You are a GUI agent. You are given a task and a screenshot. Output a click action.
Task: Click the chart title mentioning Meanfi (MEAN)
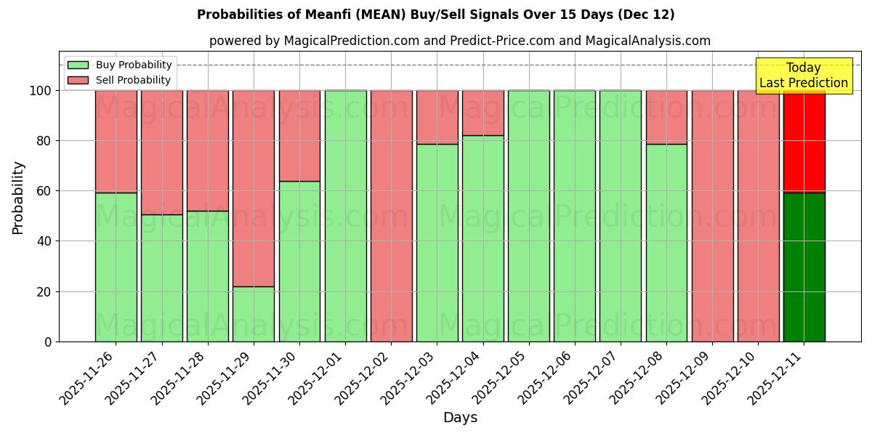pyautogui.click(x=435, y=15)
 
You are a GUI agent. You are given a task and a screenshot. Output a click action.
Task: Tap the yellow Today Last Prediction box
pyautogui.click(x=803, y=76)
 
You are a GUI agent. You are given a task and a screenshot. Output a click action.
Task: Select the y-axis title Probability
pyautogui.click(x=18, y=197)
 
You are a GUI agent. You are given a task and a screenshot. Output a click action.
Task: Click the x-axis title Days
pyautogui.click(x=460, y=418)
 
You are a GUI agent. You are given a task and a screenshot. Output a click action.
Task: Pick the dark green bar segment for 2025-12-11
pyautogui.click(x=804, y=267)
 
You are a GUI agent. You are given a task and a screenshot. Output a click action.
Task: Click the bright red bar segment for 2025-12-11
pyautogui.click(x=804, y=142)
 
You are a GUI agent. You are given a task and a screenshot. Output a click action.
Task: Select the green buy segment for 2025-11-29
pyautogui.click(x=254, y=314)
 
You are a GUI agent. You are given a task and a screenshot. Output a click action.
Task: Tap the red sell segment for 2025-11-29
pyautogui.click(x=254, y=188)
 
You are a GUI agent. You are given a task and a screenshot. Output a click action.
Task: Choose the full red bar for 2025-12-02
pyautogui.click(x=391, y=216)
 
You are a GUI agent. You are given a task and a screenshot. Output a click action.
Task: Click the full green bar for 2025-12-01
pyautogui.click(x=345, y=216)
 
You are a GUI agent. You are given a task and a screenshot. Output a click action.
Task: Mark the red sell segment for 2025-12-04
pyautogui.click(x=483, y=113)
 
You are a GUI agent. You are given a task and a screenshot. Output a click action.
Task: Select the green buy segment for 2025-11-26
pyautogui.click(x=116, y=267)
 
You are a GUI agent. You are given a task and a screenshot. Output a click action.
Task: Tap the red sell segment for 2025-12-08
pyautogui.click(x=666, y=117)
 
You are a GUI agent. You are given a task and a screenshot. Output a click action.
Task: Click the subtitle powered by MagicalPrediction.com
pyautogui.click(x=459, y=41)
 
